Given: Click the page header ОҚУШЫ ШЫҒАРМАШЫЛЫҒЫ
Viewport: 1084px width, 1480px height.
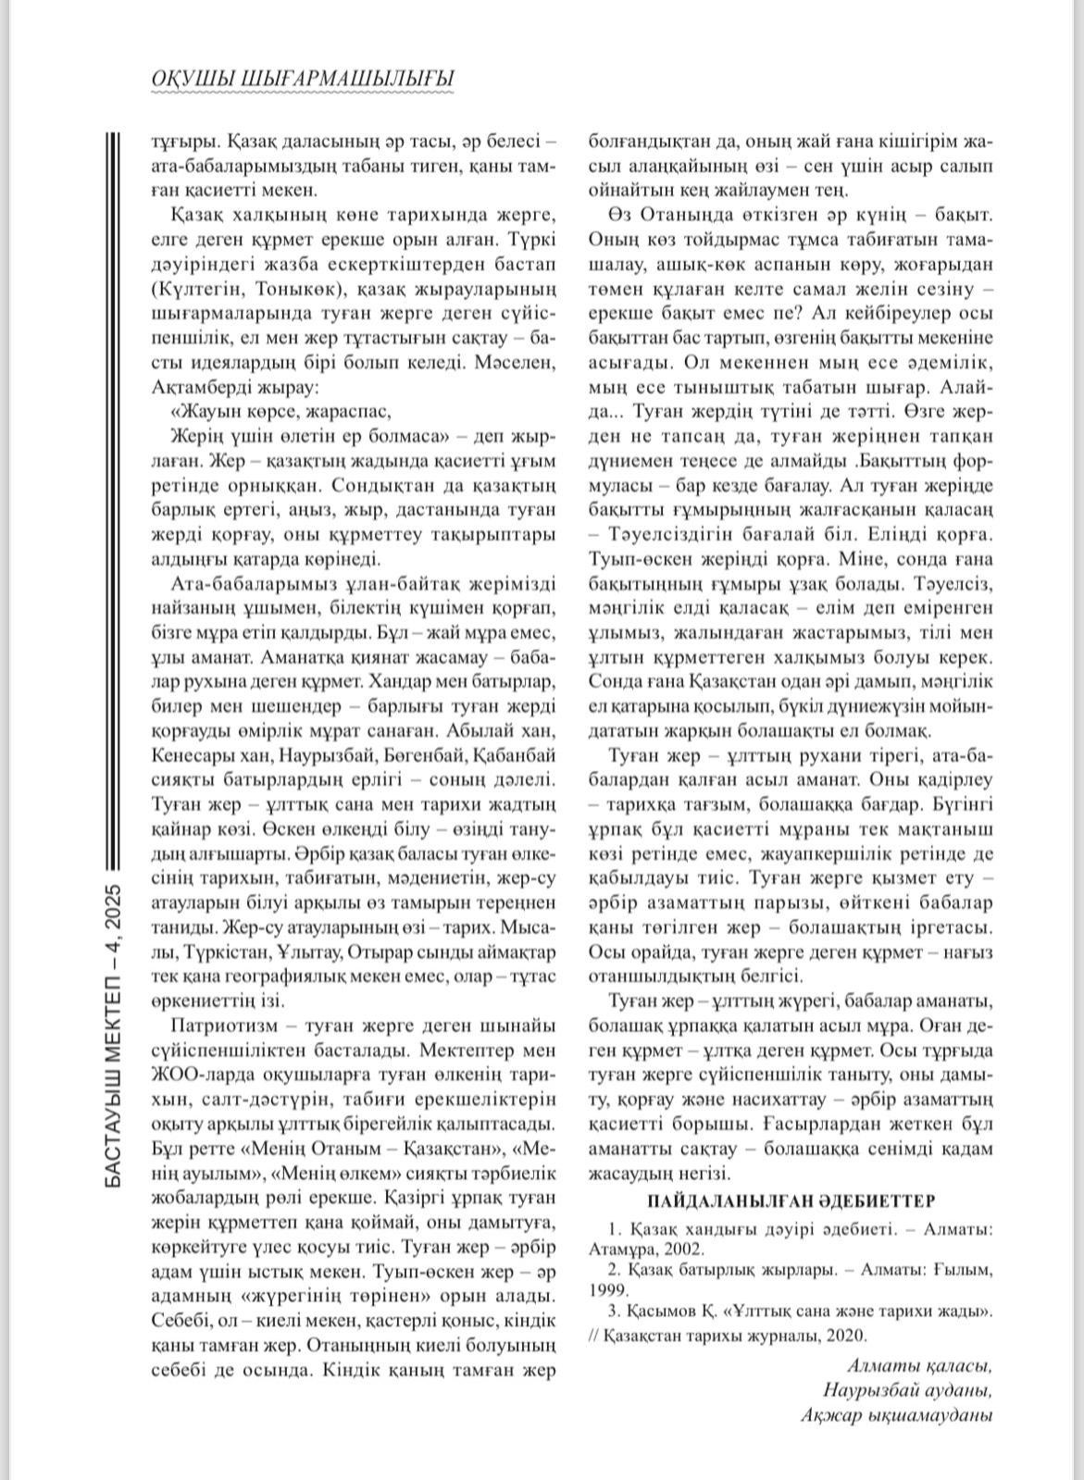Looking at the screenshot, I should click(x=302, y=80).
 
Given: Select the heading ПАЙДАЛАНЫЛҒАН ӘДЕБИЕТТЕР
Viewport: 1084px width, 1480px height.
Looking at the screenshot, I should click(x=791, y=1200).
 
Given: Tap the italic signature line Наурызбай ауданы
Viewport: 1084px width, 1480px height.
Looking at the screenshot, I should click(x=906, y=1391).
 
